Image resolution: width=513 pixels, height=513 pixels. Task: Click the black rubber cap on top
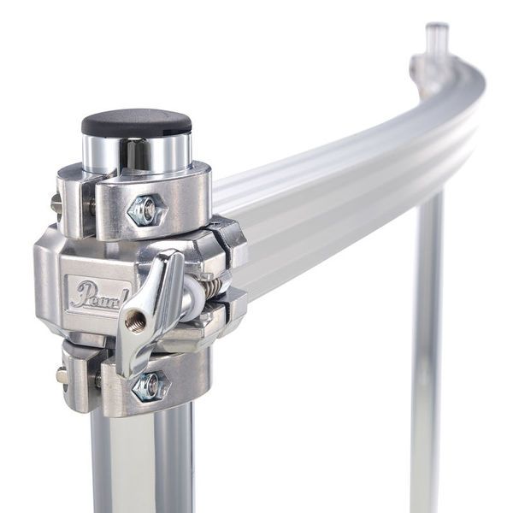click(136, 122)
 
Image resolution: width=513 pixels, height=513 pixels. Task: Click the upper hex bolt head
click(147, 209)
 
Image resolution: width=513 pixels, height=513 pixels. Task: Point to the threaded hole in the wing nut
click(135, 320)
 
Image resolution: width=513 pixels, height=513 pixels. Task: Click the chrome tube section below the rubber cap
click(137, 154)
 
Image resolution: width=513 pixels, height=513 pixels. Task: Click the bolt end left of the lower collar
click(62, 375)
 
